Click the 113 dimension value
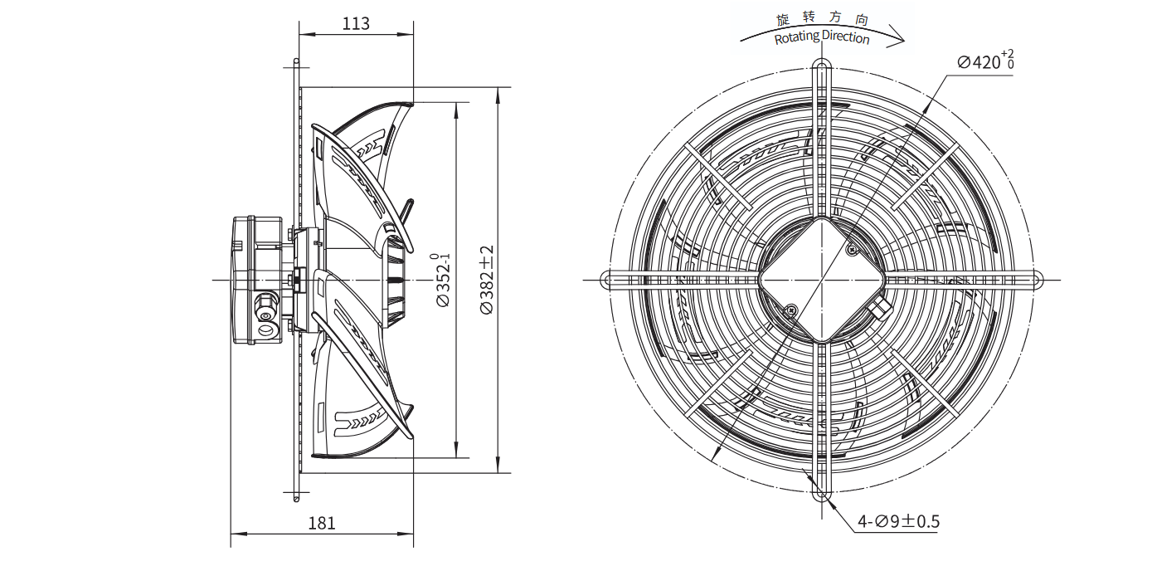(356, 24)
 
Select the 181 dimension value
(322, 523)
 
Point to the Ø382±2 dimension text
(487, 280)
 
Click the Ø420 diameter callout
(986, 61)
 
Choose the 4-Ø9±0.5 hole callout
(898, 521)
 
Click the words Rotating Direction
(822, 37)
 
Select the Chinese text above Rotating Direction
(823, 18)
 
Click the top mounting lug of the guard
(821, 69)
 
